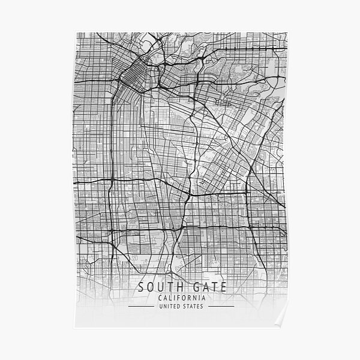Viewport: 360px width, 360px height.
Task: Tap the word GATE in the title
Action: coord(202,287)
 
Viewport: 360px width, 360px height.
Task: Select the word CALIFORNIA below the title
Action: coord(180,298)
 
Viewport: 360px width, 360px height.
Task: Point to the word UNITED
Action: coord(167,307)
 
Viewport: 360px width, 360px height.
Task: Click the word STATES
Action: coord(192,307)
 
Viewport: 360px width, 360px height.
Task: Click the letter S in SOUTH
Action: coord(142,287)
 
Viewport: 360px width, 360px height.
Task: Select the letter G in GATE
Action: coord(188,287)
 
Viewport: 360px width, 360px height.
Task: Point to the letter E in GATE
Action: coord(218,287)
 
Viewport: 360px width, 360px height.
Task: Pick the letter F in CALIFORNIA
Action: coord(176,298)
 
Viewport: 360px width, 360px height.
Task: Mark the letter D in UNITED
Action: coord(178,307)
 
